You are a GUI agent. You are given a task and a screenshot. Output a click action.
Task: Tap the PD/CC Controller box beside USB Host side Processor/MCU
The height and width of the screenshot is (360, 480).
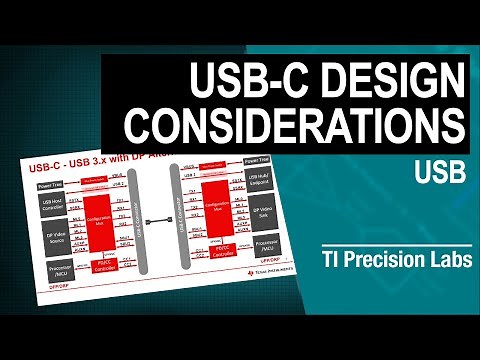pos(107,263)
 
